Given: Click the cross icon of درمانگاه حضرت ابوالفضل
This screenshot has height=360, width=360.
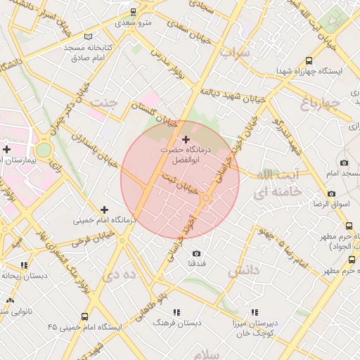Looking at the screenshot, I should (x=185, y=139).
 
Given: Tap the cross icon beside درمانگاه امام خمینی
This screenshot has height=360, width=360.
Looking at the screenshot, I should (x=105, y=209).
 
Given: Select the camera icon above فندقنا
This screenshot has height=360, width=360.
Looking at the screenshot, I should (x=196, y=253).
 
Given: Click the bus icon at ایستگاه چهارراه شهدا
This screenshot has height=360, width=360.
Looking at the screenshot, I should (x=309, y=61).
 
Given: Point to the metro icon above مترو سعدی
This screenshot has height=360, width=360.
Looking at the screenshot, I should (x=134, y=13).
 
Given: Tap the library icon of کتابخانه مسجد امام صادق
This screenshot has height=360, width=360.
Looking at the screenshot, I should (x=87, y=37).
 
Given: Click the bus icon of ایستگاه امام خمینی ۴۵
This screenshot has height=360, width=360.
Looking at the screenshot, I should (x=85, y=316).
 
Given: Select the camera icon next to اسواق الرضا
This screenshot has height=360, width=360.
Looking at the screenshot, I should (x=331, y=193).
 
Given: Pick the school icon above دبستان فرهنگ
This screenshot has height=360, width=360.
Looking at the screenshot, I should (x=176, y=311).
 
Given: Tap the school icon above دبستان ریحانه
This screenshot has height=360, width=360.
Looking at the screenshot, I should (x=25, y=265).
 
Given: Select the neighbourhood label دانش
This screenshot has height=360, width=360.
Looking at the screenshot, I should (x=244, y=269).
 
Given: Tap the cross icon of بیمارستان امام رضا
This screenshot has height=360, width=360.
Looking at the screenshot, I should (x=6, y=149).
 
